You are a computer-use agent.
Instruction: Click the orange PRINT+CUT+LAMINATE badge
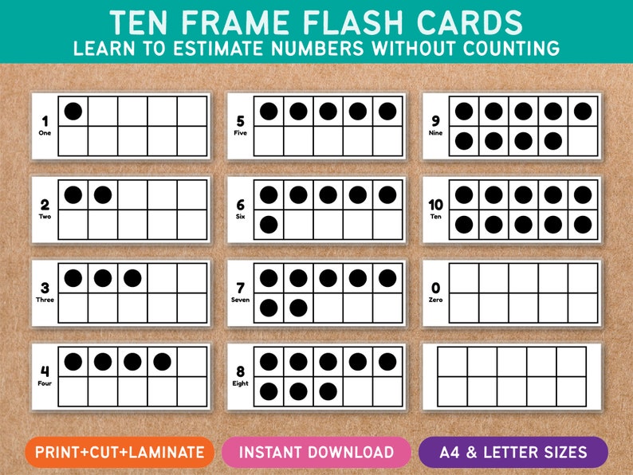119,452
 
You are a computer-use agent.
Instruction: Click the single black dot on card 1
73,111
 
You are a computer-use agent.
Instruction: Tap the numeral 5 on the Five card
240,122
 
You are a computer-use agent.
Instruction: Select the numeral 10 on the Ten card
435,205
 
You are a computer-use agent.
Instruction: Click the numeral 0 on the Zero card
435,289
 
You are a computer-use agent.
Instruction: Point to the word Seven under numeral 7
240,300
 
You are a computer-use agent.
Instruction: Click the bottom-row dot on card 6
269,225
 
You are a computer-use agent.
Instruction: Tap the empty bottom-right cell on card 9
583,141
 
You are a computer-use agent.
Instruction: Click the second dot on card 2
103,194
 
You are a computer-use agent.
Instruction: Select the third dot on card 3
132,278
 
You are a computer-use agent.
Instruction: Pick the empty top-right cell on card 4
192,362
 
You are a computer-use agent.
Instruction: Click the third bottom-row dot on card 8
328,392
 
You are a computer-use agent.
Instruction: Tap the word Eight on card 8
240,383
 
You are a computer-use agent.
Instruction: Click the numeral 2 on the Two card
45,205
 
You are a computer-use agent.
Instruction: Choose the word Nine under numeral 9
435,133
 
